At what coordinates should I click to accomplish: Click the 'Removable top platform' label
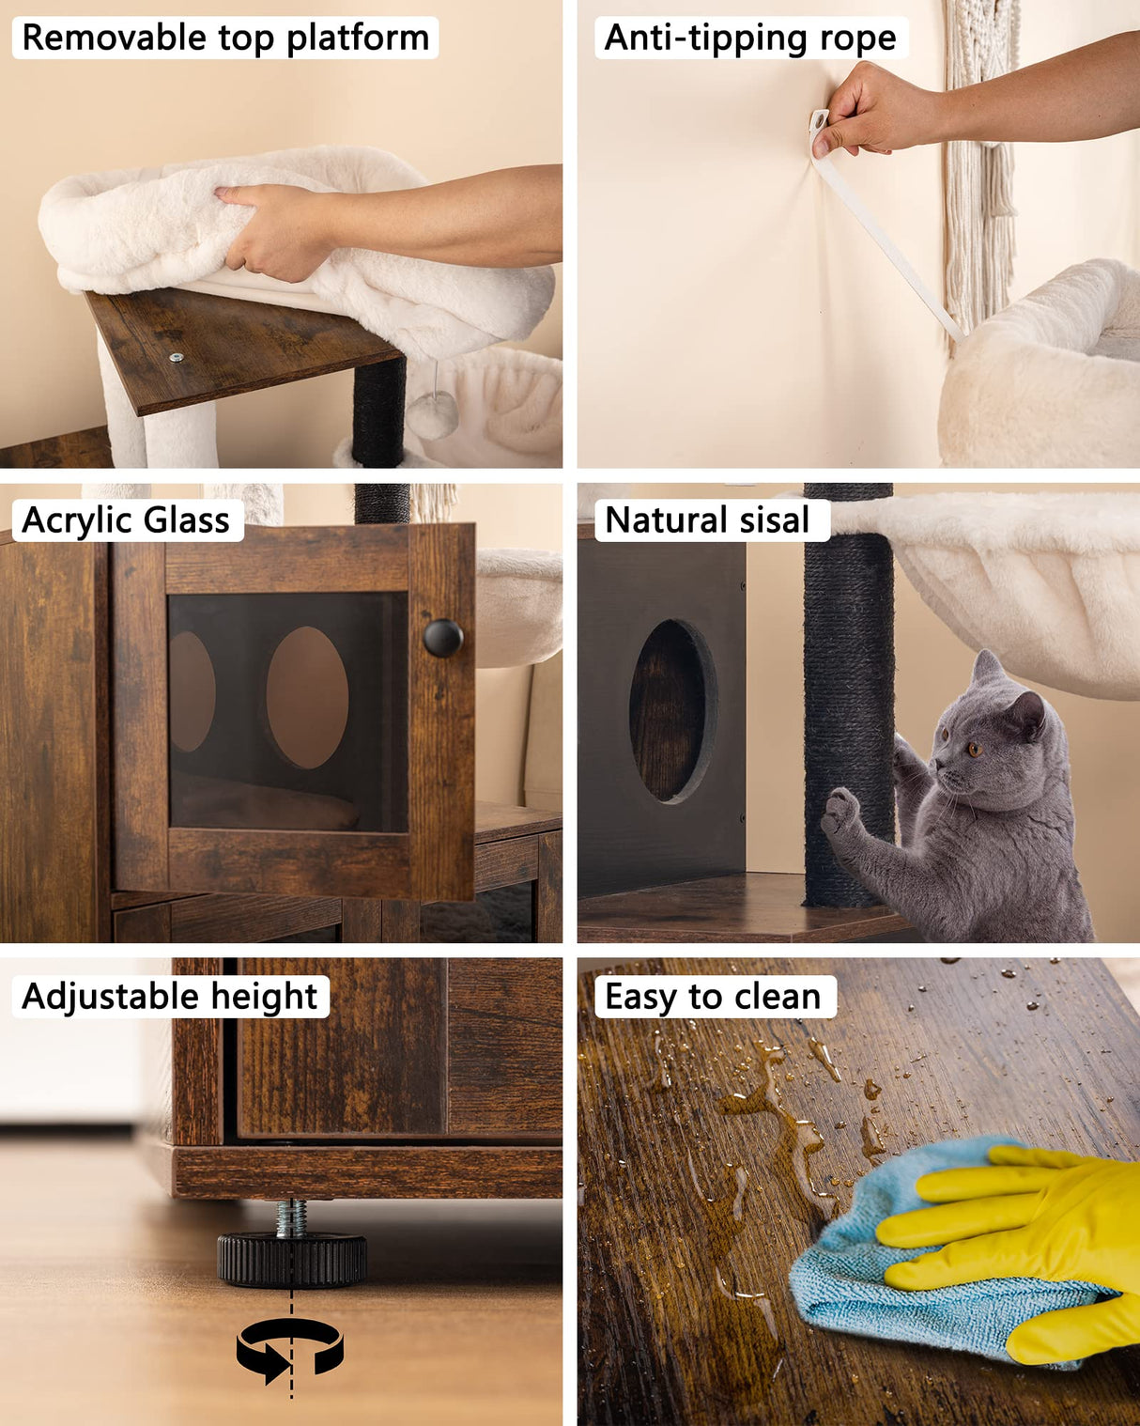[x=225, y=39]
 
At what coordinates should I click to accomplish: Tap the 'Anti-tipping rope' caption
[x=750, y=39]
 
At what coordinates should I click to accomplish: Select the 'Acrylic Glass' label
[x=127, y=520]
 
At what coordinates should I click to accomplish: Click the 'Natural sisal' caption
[x=707, y=520]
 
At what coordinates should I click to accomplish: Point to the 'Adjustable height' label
[x=170, y=997]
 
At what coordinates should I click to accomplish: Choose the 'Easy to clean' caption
[x=713, y=997]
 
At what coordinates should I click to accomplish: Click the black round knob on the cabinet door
[x=442, y=639]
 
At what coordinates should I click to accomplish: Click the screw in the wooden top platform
[x=176, y=358]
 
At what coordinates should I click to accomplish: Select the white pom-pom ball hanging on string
[x=432, y=416]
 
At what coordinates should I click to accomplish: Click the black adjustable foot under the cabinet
[x=292, y=1259]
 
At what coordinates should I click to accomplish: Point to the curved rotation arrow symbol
[x=290, y=1350]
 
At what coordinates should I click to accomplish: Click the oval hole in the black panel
[x=672, y=711]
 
